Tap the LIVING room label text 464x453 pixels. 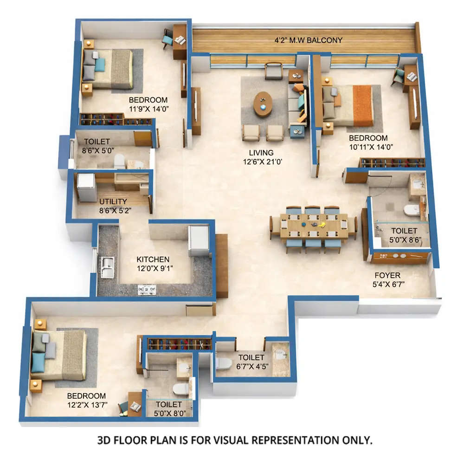pos(260,153)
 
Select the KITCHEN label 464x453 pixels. pos(153,259)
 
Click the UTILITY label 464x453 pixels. pos(113,201)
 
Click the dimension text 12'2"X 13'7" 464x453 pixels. pos(87,405)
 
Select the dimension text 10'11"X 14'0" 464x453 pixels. pos(368,147)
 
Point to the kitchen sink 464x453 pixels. pos(107,266)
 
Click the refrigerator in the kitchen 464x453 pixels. pos(199,240)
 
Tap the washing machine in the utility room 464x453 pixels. pos(86,187)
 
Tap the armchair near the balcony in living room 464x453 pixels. pos(273,70)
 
